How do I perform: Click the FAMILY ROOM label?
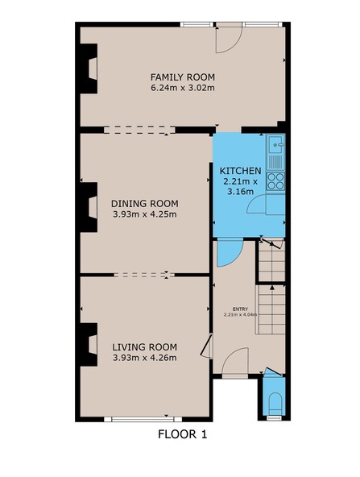183,77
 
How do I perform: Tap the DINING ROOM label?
144,204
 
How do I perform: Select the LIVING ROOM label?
144,347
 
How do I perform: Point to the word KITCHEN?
240,171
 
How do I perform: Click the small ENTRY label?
241,309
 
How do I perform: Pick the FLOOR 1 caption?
183,434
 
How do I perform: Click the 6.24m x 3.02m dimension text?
183,88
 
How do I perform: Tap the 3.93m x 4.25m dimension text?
144,214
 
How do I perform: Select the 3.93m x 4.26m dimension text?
144,358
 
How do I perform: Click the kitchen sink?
276,144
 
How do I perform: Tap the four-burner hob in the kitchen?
275,181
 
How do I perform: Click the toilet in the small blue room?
275,403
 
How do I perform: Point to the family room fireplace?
89,68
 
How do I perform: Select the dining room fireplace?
89,207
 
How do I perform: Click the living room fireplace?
89,345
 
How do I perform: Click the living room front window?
143,419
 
